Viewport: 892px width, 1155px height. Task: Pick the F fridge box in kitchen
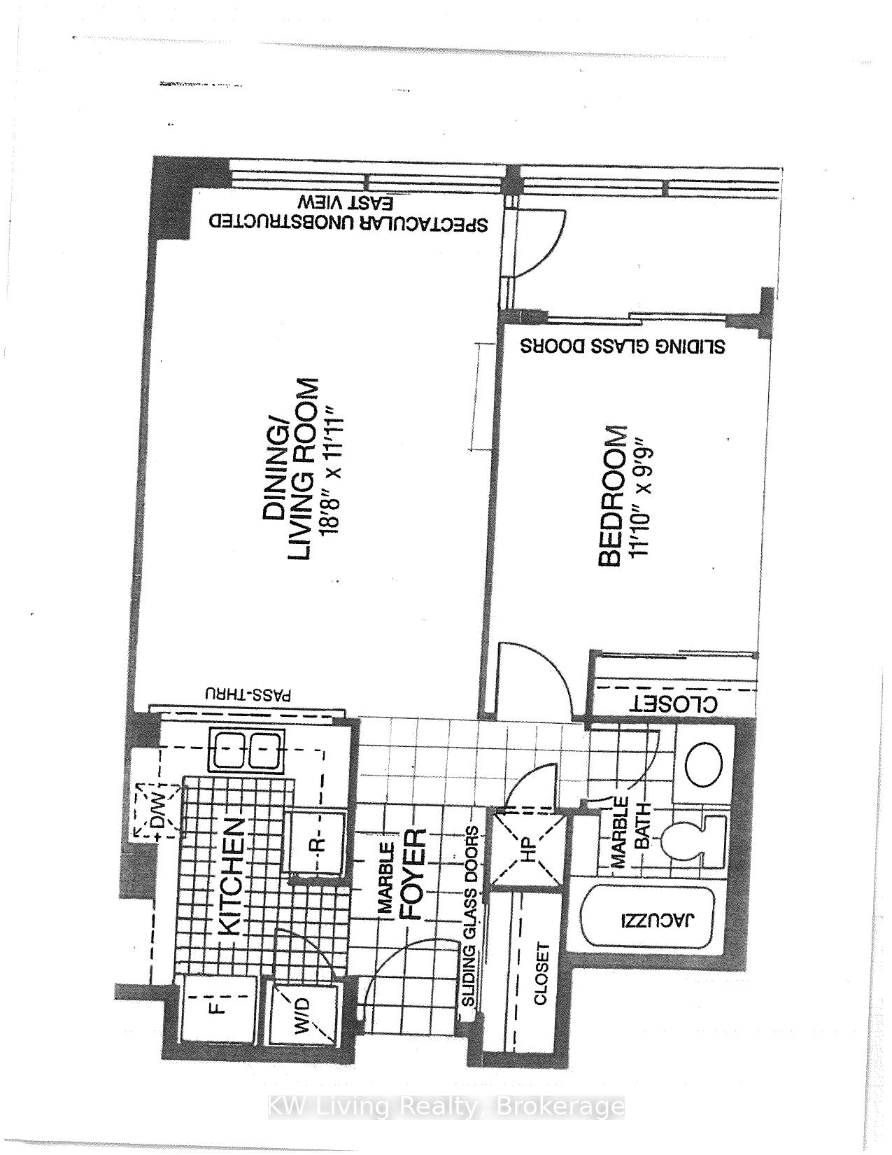pos(218,1009)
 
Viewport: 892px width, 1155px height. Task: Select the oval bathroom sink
pos(703,764)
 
